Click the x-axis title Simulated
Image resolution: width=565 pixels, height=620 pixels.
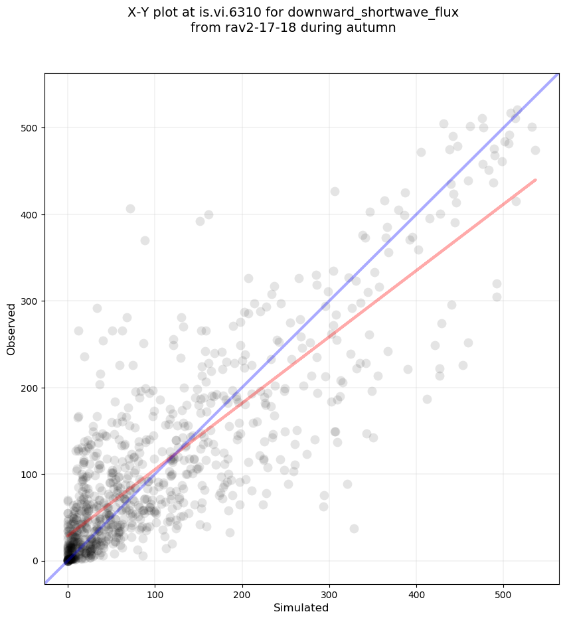[301, 607]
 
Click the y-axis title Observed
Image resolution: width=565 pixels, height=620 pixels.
[12, 329]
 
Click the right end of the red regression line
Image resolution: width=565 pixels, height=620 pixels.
[535, 179]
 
